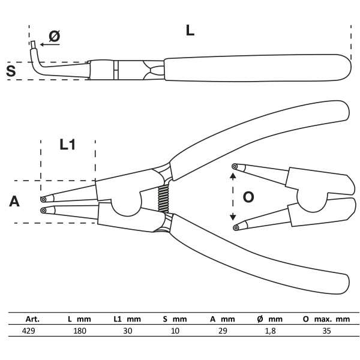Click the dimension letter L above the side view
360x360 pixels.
[x=190, y=31]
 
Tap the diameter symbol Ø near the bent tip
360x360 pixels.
[x=53, y=36]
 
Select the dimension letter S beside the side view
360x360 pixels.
[x=10, y=71]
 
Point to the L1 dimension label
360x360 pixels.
[x=67, y=145]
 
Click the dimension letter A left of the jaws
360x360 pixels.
[x=14, y=202]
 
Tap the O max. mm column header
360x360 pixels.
[x=326, y=319]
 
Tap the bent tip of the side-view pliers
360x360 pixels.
[x=35, y=46]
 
